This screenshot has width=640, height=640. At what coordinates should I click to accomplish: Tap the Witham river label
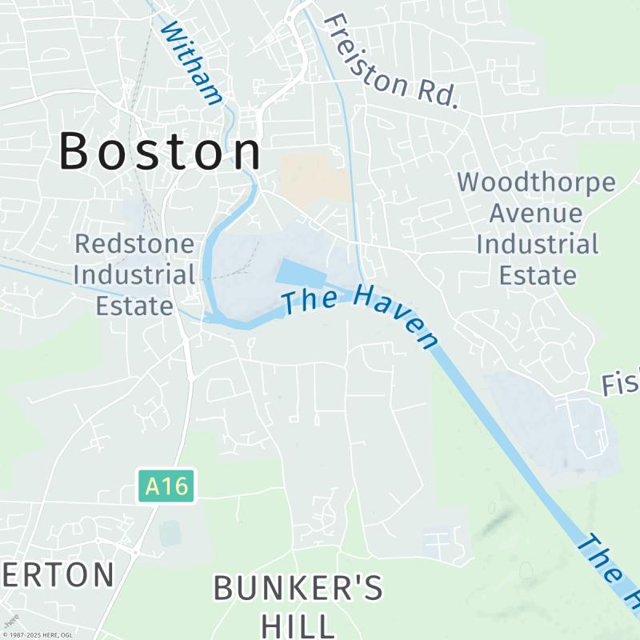[191, 63]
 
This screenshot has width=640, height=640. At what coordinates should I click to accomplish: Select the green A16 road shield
[166, 486]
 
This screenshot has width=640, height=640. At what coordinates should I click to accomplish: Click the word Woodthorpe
[537, 182]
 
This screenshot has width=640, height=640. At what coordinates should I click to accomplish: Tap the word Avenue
[536, 214]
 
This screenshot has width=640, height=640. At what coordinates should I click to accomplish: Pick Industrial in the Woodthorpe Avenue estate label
[537, 244]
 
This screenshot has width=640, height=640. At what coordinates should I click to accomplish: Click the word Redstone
[134, 244]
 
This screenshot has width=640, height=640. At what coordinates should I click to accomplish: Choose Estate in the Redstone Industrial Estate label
[134, 306]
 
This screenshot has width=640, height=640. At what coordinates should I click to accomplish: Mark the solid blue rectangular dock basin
[301, 274]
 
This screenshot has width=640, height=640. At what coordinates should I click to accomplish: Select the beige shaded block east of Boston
[314, 178]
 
